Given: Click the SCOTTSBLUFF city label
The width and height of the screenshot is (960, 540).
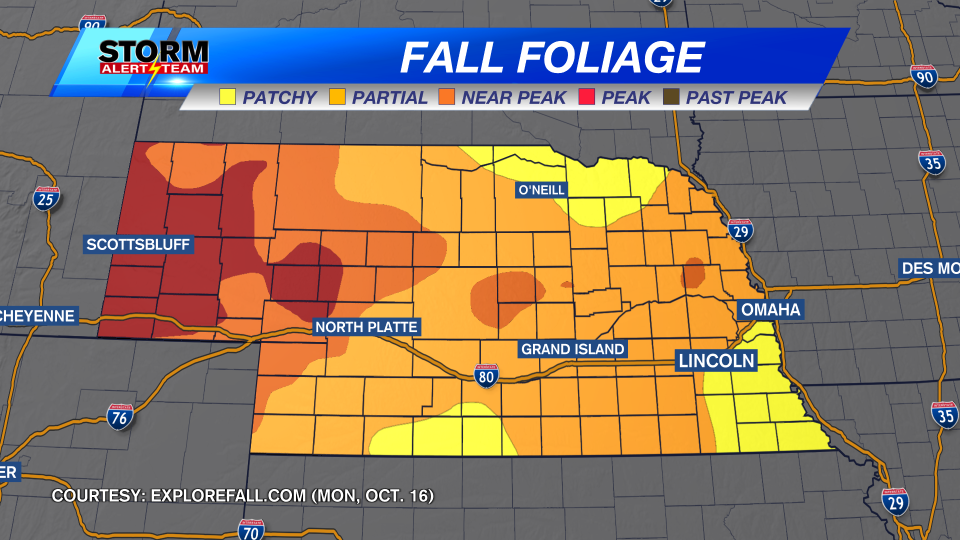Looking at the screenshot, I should (138, 244).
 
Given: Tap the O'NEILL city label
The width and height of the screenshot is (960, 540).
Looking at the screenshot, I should (541, 190).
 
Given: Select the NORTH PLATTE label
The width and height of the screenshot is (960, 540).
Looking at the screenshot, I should (366, 327).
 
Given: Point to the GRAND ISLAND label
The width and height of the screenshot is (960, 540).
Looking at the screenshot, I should (572, 349).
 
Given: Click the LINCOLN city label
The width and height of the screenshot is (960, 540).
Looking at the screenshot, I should (716, 360).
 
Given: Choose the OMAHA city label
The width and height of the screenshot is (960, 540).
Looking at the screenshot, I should (770, 309).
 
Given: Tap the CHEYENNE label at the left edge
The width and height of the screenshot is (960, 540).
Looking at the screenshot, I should (38, 316).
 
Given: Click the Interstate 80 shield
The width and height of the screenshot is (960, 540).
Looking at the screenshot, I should (486, 376).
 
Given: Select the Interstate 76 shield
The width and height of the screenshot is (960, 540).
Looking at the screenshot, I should (119, 417).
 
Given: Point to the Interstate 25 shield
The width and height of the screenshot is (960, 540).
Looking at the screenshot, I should (46, 199).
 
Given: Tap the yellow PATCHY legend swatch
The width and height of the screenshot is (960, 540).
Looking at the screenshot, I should (227, 97).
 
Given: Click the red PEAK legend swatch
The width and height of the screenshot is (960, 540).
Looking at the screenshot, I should (586, 97).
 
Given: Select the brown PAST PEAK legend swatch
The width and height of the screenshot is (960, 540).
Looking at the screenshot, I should (671, 97).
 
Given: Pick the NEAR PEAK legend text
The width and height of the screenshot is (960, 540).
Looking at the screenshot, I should (513, 97).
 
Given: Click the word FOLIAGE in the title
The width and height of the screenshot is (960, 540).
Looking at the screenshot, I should (610, 57).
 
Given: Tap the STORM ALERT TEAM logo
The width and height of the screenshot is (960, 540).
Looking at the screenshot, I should (153, 57).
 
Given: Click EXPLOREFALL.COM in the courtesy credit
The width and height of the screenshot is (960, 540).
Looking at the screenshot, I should (228, 495).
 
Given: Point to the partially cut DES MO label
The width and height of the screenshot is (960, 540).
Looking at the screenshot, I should (930, 268).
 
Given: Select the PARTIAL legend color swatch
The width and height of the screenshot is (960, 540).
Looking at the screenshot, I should (337, 97).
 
